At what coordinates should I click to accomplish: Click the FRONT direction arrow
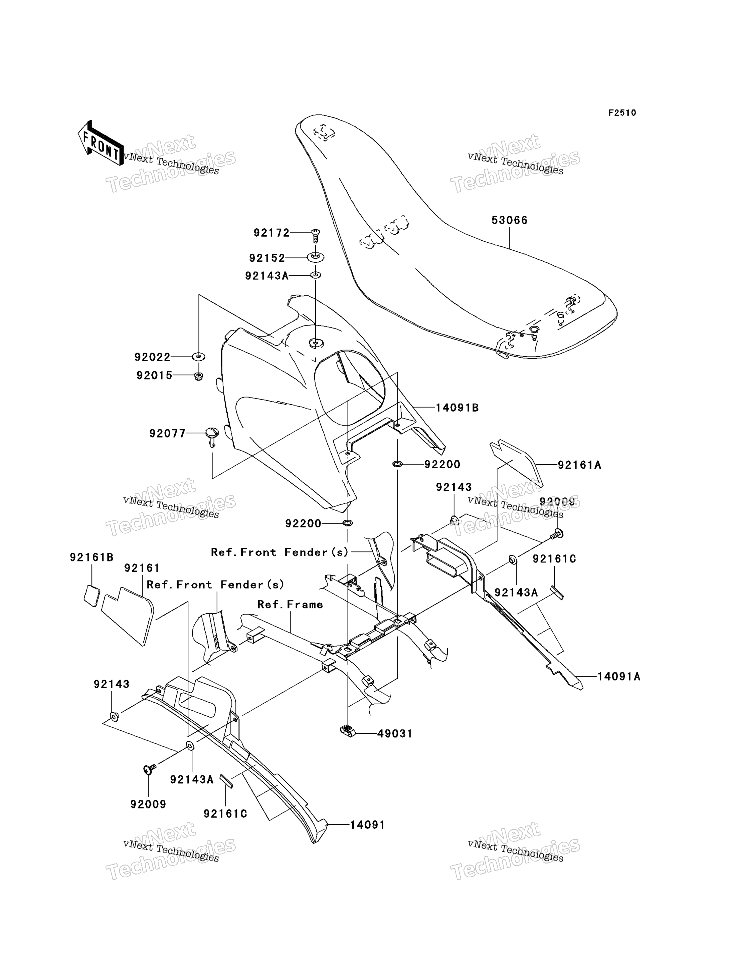[x=100, y=143]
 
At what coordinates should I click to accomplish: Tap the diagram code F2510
[x=622, y=113]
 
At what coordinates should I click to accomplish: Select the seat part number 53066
[x=509, y=220]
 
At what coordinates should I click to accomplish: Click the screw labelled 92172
[x=316, y=235]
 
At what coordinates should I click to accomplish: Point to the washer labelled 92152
[x=316, y=257]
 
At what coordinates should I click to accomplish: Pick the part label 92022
[x=153, y=357]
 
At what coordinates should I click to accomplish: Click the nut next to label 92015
[x=198, y=376]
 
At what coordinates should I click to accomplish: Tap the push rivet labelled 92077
[x=212, y=437]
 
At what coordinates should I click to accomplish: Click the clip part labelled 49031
[x=347, y=730]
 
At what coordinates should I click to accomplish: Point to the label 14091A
[x=619, y=677]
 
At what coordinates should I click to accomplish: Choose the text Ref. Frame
[x=290, y=605]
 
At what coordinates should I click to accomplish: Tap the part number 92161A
[x=579, y=465]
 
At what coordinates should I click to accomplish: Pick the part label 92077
[x=167, y=433]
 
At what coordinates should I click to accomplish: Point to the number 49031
[x=395, y=734]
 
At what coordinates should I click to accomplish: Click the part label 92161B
[x=91, y=557]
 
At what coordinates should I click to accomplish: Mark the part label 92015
[x=154, y=376]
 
